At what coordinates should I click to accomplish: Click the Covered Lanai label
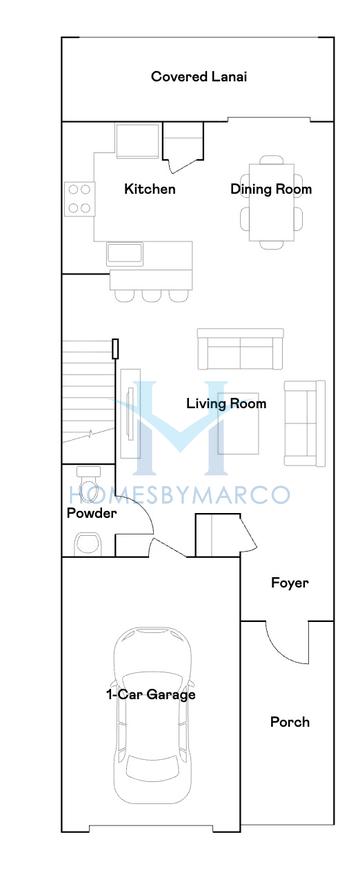pos(198,76)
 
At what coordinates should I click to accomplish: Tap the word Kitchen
pos(149,189)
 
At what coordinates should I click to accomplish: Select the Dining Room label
pos(271,189)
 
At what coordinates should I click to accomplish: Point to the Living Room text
pos(227,404)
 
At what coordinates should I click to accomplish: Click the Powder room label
pos(91,513)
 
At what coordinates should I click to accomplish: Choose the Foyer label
pos(290,583)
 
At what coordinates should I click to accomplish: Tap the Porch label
pos(290,721)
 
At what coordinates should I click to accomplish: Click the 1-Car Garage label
pos(151,694)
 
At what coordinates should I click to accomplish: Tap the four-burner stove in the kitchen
pos(79,198)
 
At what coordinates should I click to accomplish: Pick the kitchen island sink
pos(127,252)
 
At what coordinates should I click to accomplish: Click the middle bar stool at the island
pos(150,294)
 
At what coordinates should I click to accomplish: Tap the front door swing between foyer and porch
pos(290,645)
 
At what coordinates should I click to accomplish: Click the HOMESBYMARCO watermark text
pos(180,494)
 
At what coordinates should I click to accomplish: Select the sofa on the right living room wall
pos(304,424)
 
